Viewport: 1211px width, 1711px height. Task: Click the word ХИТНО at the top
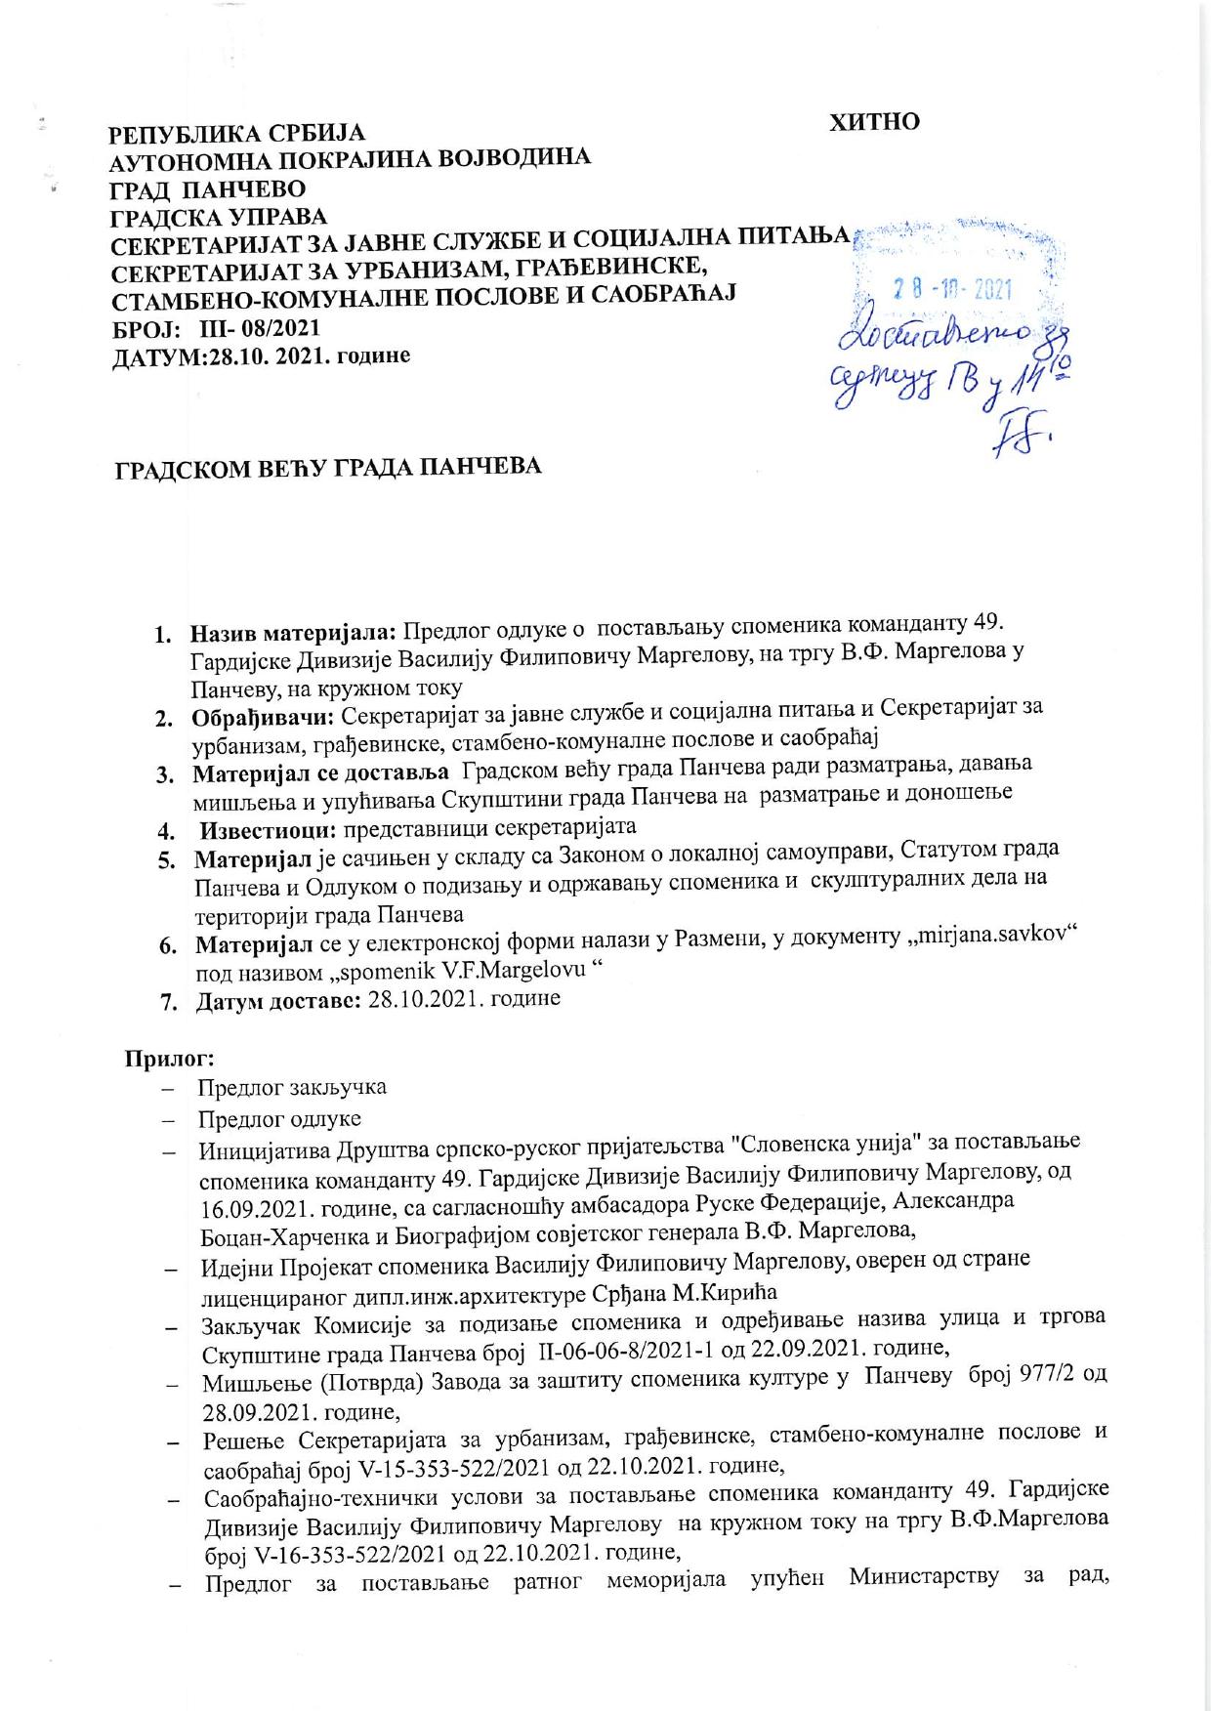[874, 122]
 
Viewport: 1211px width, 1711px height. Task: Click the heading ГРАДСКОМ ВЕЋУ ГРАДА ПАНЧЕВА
[328, 469]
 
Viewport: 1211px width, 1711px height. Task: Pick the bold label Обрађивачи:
[264, 717]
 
